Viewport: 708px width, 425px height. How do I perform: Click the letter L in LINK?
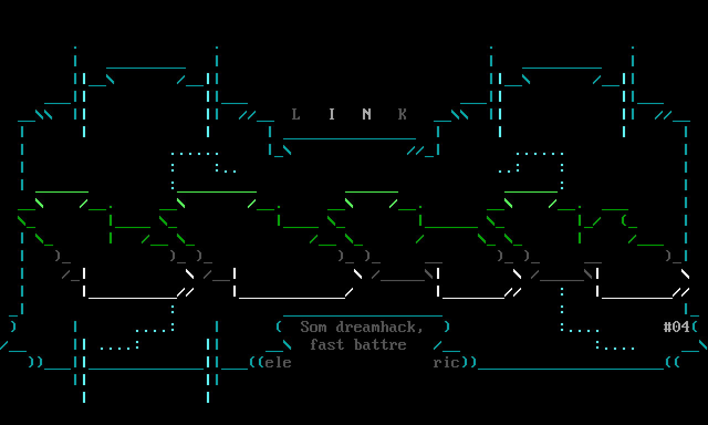(x=296, y=114)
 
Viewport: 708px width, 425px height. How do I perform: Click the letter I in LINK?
(x=331, y=114)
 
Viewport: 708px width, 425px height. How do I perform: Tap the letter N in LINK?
(x=367, y=114)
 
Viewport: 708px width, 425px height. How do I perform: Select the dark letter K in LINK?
(x=402, y=114)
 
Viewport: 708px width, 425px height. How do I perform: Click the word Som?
(x=314, y=327)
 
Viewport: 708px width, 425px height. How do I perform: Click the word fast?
(x=327, y=345)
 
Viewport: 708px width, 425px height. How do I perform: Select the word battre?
(x=380, y=345)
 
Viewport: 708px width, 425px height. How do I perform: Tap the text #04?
(x=676, y=327)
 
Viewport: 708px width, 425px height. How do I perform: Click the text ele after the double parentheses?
(x=278, y=362)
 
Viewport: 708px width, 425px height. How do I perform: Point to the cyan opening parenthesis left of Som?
(x=279, y=327)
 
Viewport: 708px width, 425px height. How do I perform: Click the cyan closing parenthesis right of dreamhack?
(x=447, y=327)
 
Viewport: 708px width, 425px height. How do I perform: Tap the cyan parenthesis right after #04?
(x=695, y=327)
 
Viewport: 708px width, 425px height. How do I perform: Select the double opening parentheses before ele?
(x=256, y=362)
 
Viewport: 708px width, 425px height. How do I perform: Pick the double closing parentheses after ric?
(x=468, y=362)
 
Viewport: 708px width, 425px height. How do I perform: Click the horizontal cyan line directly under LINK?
(x=350, y=138)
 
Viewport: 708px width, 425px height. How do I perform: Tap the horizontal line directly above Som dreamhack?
(x=363, y=315)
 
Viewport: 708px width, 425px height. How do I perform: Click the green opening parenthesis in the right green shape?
(x=624, y=221)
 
